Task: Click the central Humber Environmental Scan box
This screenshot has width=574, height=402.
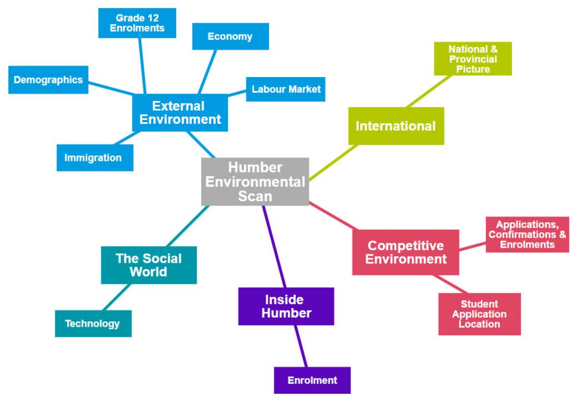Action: (x=255, y=182)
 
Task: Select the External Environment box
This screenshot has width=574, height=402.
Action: (x=180, y=113)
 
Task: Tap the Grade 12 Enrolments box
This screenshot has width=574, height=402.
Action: (x=137, y=23)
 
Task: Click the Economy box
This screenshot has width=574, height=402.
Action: (x=230, y=36)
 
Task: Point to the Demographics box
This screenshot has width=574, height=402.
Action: (x=48, y=80)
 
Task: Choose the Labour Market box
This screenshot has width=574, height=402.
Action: (x=286, y=89)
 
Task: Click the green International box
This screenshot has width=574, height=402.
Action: (x=396, y=126)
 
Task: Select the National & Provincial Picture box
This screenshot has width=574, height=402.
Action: (x=473, y=58)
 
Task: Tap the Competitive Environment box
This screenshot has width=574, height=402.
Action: (x=406, y=253)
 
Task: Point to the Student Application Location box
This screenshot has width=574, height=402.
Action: (x=479, y=314)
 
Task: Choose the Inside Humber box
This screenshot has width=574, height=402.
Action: (x=286, y=306)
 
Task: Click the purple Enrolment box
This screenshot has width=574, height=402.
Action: (x=312, y=380)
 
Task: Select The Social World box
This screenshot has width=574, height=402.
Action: (x=149, y=265)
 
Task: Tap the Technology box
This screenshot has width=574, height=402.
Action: (x=93, y=323)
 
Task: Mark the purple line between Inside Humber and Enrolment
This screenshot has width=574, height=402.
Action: (x=301, y=346)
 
